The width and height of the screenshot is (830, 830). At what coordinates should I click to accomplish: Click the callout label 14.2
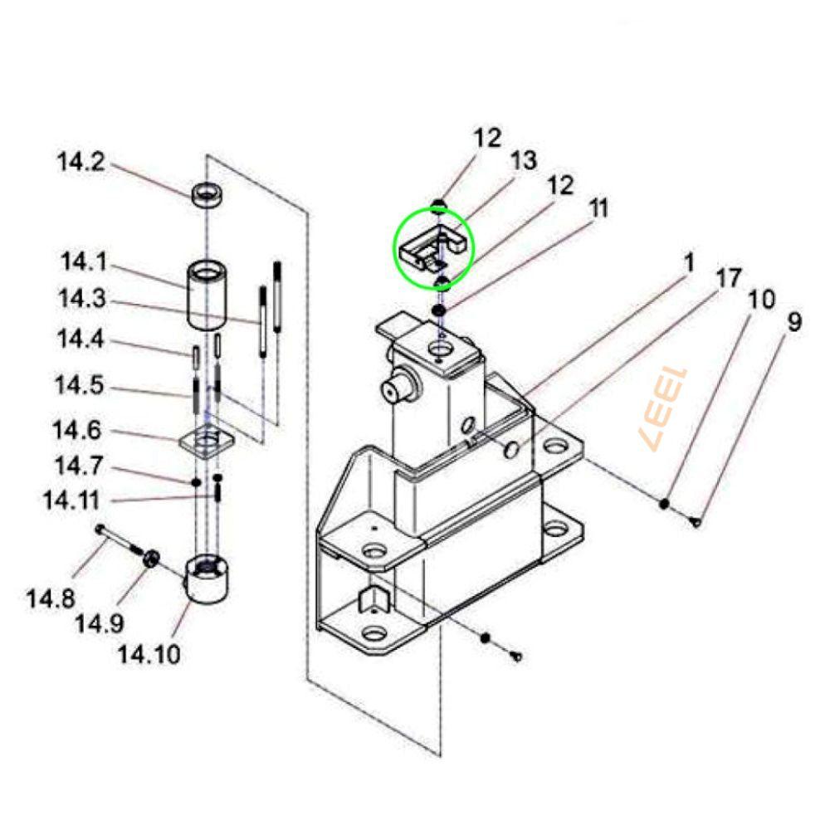click(x=81, y=162)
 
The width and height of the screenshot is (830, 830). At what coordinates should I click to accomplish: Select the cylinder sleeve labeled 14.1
click(x=207, y=295)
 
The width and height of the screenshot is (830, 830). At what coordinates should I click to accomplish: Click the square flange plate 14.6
click(x=207, y=441)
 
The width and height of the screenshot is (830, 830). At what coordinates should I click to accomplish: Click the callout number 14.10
click(x=149, y=654)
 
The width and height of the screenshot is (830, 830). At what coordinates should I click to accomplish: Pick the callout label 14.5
click(x=80, y=385)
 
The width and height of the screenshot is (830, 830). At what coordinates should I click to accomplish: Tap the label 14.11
click(x=71, y=500)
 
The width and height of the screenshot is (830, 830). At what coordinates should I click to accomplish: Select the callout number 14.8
click(x=51, y=598)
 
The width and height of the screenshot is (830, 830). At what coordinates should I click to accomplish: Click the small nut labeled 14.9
click(x=151, y=558)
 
